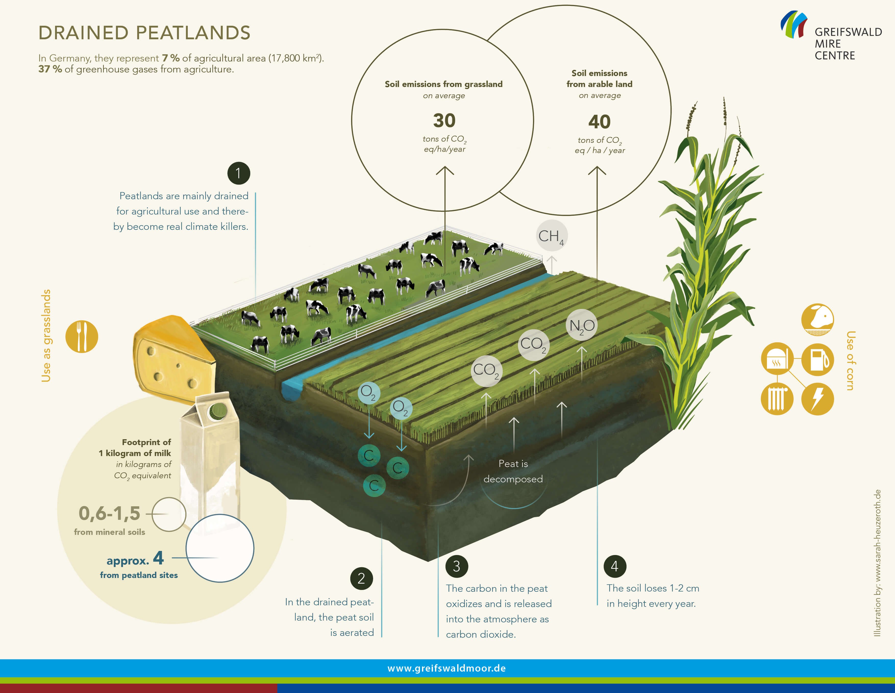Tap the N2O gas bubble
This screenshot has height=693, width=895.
[581, 325]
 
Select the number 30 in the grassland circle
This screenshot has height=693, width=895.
[444, 120]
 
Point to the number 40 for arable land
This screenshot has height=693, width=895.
[599, 122]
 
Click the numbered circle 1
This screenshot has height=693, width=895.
[239, 173]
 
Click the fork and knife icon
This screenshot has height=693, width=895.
[82, 337]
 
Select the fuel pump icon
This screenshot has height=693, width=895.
[817, 360]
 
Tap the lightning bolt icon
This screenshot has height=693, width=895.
[817, 399]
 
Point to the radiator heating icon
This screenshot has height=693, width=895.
[777, 399]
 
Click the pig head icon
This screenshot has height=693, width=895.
[817, 320]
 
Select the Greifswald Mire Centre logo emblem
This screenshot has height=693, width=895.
[794, 24]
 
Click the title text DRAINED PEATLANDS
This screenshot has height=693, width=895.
[144, 33]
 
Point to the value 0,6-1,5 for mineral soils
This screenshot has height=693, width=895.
[109, 513]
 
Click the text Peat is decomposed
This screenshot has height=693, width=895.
[513, 471]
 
